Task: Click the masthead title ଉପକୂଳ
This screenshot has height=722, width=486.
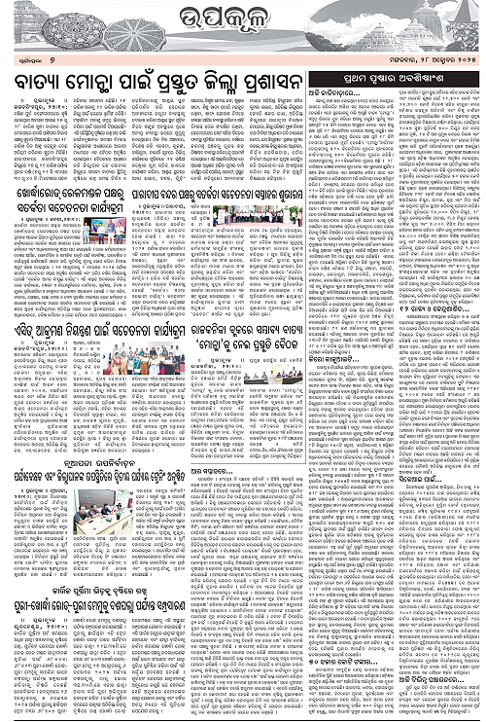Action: [x=243, y=18]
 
